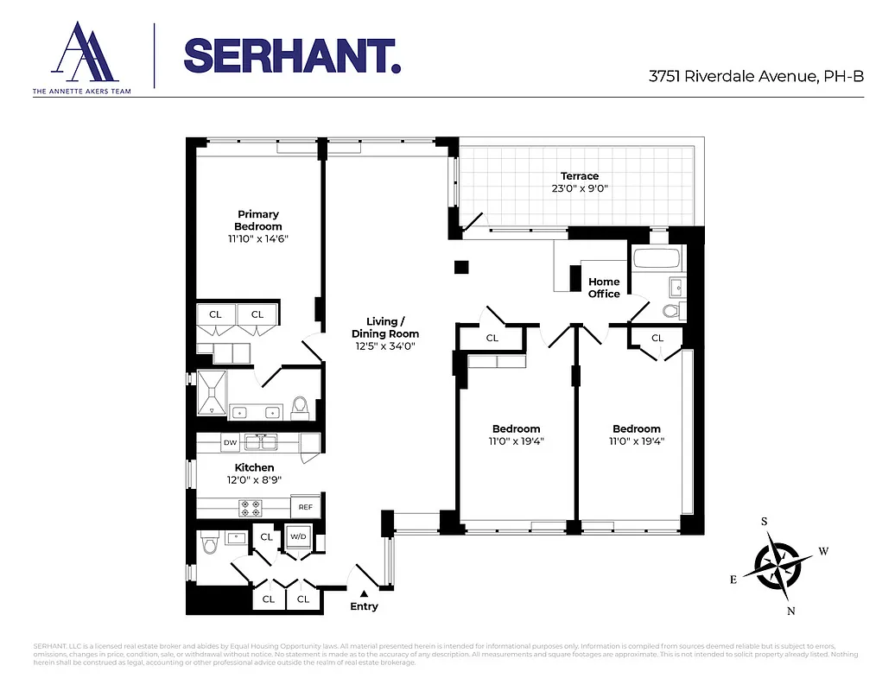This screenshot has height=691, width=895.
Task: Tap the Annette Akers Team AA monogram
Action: (83, 54)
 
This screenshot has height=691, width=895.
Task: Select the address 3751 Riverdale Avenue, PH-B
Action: (756, 76)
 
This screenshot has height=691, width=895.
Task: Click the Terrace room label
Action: (579, 176)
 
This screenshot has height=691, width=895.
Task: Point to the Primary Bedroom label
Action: (258, 220)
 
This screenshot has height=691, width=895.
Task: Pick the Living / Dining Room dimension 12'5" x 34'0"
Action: (385, 346)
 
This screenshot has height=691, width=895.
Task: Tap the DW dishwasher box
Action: (230, 443)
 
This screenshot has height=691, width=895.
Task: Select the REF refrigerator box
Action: (306, 508)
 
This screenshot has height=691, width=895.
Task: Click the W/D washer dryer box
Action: (298, 536)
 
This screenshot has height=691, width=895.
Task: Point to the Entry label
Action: (364, 606)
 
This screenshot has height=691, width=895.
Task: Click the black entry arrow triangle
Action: (364, 593)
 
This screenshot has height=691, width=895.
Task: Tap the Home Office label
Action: (604, 288)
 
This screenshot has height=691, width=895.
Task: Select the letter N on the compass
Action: (790, 612)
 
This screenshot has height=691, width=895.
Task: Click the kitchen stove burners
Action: (251, 508)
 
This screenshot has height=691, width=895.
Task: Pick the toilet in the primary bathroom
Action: (301, 406)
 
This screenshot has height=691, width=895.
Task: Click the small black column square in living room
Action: (461, 267)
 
